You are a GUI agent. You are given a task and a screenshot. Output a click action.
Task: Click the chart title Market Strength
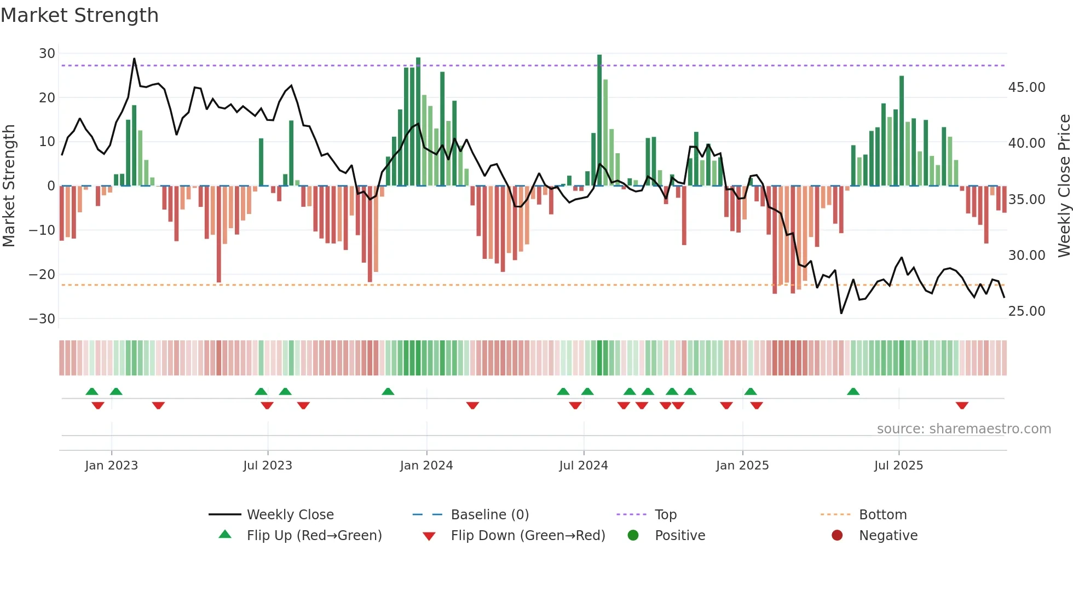(x=79, y=15)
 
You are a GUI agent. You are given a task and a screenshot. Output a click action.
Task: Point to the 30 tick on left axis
(x=47, y=54)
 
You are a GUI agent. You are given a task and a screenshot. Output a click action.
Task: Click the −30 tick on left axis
(x=42, y=319)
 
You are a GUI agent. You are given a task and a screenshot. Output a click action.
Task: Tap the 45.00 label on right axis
(x=1026, y=88)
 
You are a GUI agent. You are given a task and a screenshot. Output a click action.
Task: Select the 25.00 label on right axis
(x=1026, y=311)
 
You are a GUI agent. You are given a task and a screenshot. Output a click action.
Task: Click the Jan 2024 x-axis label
(x=426, y=466)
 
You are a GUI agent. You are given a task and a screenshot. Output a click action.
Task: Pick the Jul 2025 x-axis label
(x=898, y=466)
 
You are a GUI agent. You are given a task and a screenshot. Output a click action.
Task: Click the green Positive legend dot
(x=633, y=536)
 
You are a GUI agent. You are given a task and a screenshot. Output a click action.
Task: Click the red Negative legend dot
(x=837, y=536)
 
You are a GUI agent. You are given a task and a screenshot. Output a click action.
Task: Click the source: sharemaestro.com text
(x=964, y=429)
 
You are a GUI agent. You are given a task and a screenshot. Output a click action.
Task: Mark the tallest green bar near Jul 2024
(x=599, y=120)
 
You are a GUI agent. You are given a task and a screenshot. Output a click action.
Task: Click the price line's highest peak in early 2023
(x=134, y=59)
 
